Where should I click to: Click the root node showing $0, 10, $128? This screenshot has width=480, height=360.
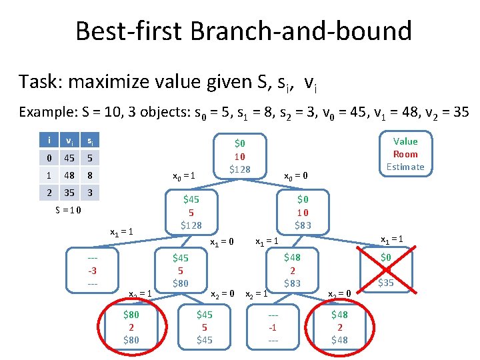[x=239, y=156]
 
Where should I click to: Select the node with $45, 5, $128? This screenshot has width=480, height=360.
[x=191, y=212]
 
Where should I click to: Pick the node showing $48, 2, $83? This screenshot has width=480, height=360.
[x=292, y=269]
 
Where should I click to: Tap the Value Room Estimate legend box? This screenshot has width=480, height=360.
[x=405, y=154]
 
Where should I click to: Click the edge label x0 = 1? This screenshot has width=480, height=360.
[x=183, y=177]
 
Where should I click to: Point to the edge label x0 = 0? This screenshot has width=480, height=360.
[x=295, y=177]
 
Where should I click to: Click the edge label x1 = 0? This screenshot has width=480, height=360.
[x=222, y=242]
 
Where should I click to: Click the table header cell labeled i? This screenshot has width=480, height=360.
[x=49, y=141]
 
